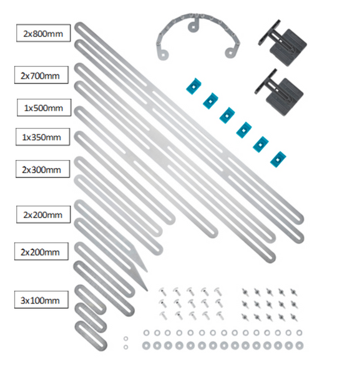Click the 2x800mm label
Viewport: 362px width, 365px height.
tap(43, 33)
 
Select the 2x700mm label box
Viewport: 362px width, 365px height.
tap(41, 75)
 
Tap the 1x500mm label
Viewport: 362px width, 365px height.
tap(44, 107)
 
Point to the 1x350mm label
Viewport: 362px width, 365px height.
tap(42, 137)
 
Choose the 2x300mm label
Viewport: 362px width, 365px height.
tap(42, 169)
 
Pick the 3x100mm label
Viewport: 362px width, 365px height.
tap(41, 300)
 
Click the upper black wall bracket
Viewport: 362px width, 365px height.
tap(283, 43)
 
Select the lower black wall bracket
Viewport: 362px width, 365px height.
tap(279, 92)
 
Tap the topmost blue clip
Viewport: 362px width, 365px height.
tap(193, 86)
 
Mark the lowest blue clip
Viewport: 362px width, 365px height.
tap(278, 159)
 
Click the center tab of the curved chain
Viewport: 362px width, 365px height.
tap(194, 26)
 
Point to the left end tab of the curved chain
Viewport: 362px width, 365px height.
tap(162, 54)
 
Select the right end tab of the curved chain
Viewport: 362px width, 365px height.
tap(230, 52)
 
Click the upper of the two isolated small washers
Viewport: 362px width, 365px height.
tap(126, 339)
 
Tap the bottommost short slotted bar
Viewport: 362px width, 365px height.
tap(91, 336)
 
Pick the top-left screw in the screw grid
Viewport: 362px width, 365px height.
tap(162, 292)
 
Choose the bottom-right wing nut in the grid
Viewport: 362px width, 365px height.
tap(294, 317)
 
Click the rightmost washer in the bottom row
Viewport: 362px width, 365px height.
tap(299, 346)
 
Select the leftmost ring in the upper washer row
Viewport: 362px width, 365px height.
tap(146, 332)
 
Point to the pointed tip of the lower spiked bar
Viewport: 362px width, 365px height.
tap(147, 291)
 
